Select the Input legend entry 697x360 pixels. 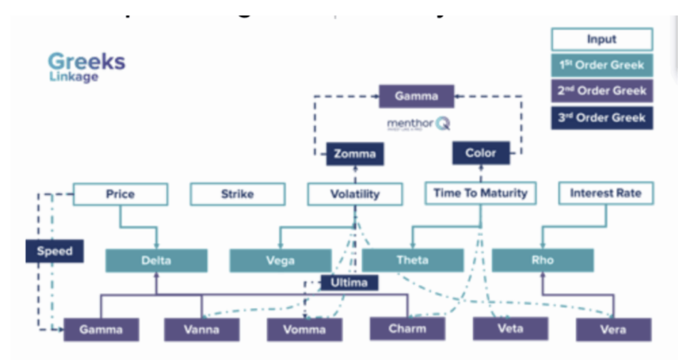pos(601,39)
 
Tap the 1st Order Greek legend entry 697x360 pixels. pos(601,65)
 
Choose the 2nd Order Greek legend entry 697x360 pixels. pos(601,91)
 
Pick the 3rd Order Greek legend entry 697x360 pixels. pos(601,117)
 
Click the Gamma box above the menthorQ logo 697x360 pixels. pos(416,96)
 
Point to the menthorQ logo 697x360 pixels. pos(418,125)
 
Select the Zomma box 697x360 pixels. pos(355,154)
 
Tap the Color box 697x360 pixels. pos(481,153)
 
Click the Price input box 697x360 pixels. pos(120,194)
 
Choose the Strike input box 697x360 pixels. pos(237,194)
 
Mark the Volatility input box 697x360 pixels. pos(354,194)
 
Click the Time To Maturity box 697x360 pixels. pos(480,193)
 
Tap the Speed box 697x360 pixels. pos(54,251)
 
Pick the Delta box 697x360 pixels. pos(156,260)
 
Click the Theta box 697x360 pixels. pos(412,260)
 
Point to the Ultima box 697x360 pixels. pos(349,282)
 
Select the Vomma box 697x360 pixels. pos(305,329)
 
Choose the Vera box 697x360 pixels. pos(613,329)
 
